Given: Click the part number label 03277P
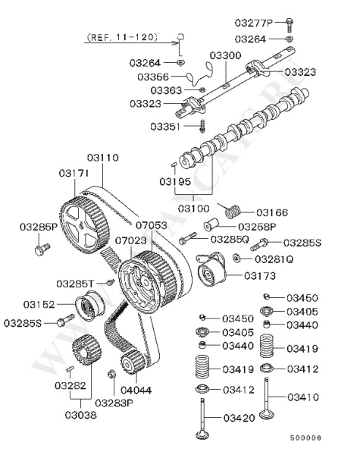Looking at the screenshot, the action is [254, 22].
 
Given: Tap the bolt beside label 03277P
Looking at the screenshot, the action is [290, 25].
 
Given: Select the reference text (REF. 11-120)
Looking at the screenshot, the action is [122, 37].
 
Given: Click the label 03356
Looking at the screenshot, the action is [153, 77].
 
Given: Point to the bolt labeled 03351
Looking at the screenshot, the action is [203, 127].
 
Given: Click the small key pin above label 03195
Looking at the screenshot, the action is [174, 164].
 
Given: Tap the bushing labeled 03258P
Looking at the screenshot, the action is [211, 224].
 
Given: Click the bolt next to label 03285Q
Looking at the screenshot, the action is [187, 238].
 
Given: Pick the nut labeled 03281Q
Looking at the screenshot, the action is [236, 257].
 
